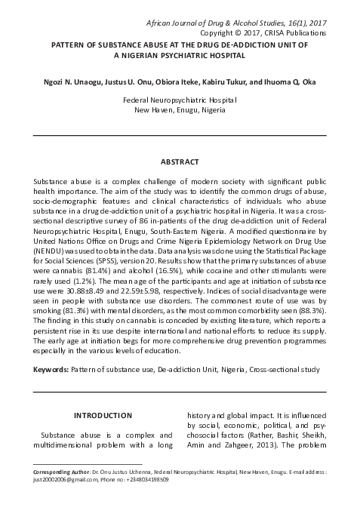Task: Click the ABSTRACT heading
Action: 180,162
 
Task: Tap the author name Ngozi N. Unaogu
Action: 72,81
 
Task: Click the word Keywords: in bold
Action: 52,371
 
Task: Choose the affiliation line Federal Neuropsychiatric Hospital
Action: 180,100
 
